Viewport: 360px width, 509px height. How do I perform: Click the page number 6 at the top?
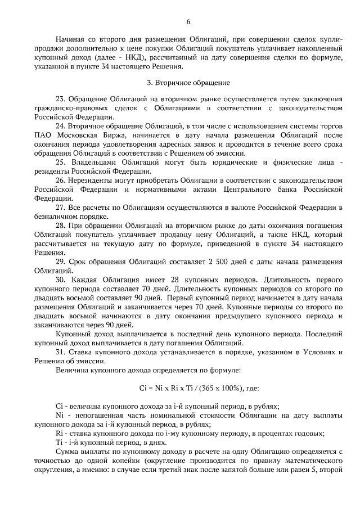(x=188, y=21)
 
